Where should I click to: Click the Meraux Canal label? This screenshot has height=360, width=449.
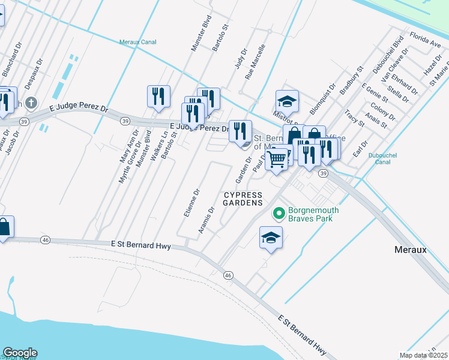(137, 42)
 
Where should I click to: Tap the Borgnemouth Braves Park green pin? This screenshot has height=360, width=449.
(279, 213)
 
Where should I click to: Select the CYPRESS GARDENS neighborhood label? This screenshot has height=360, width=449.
(244, 199)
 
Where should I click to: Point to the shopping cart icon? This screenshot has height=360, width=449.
(277, 159)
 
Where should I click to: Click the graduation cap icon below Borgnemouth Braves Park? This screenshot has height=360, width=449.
(271, 238)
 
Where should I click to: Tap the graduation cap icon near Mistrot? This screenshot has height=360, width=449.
(287, 101)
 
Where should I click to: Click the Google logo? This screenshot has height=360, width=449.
(19, 353)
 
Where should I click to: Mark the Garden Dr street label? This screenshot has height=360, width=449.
(241, 170)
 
